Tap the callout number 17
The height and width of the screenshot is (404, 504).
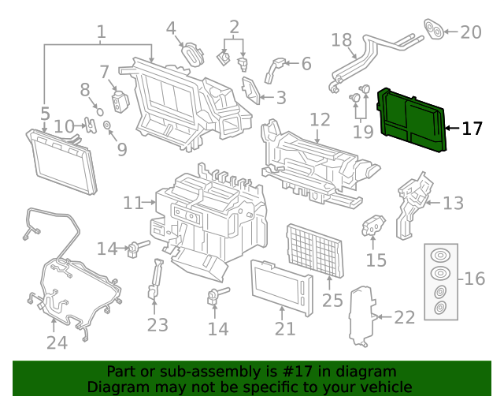point(472,129)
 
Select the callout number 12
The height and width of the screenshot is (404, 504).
point(320,120)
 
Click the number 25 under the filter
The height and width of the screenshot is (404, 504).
point(332,300)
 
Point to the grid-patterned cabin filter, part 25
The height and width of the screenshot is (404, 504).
point(313,249)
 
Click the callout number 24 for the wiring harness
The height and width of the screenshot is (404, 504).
point(57,342)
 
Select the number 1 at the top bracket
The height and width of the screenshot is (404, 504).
point(101,32)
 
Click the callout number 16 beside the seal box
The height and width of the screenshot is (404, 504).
point(475,279)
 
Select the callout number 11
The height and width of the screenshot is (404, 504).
point(133,203)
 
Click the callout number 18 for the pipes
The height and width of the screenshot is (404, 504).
point(341,40)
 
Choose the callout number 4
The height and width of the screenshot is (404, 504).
point(171,29)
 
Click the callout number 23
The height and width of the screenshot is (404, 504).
point(157,324)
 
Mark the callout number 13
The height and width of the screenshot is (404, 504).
point(453,204)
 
